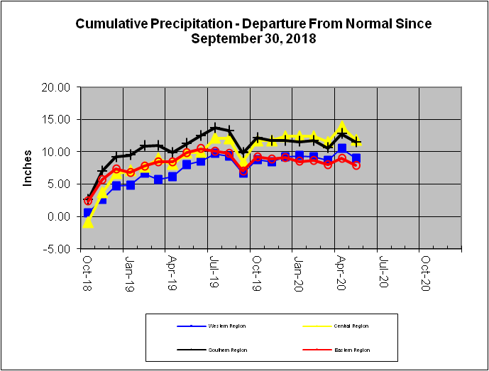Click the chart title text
tap(253, 31)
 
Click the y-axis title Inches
tap(28, 167)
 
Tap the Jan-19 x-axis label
tap(129, 267)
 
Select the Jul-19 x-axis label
tap(213, 267)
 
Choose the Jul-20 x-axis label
tap(382, 267)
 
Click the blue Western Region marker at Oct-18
tap(88, 212)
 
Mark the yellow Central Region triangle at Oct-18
tap(88, 223)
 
